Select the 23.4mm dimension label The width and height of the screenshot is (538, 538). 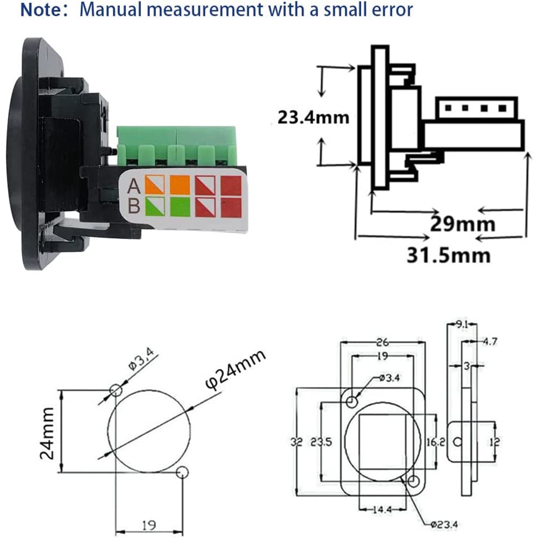tap(313, 117)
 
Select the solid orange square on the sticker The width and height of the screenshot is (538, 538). tap(180, 185)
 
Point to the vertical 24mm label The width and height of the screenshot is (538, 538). tap(47, 432)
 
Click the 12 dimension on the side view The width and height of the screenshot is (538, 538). tap(495, 442)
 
